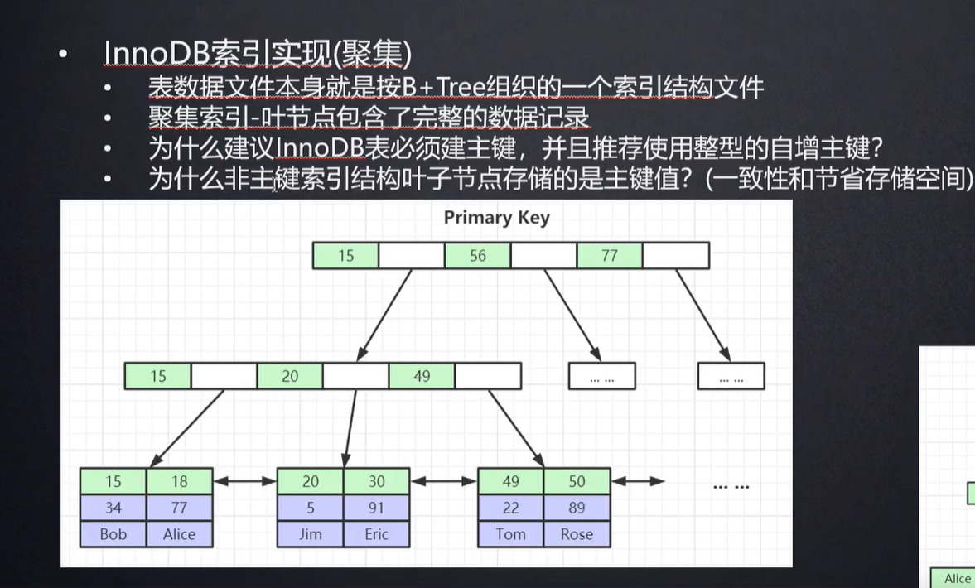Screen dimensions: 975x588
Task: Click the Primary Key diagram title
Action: coord(496,218)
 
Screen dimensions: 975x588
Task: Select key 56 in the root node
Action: coord(478,256)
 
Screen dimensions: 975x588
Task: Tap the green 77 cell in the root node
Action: coord(610,256)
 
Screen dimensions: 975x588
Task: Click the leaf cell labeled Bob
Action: coord(113,534)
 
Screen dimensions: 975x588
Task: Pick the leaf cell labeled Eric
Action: coord(377,534)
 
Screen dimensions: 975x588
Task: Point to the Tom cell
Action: coord(510,534)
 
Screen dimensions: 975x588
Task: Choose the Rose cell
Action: coord(577,534)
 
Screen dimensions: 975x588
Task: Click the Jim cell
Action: coord(311,534)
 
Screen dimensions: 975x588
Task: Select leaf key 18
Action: coord(180,481)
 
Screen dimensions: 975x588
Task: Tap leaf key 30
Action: coord(377,481)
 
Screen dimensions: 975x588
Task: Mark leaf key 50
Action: coord(577,481)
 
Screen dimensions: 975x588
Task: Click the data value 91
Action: coord(377,508)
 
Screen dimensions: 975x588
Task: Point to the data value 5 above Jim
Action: coord(311,508)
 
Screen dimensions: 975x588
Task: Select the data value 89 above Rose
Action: coord(577,508)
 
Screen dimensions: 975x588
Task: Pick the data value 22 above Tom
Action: coord(510,508)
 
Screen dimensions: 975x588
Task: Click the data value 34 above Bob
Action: coord(113,508)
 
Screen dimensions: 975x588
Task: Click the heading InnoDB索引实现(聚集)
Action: coord(258,54)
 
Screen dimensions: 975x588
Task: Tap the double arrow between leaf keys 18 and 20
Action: coord(244,481)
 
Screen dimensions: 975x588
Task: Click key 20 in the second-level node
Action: coord(290,376)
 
